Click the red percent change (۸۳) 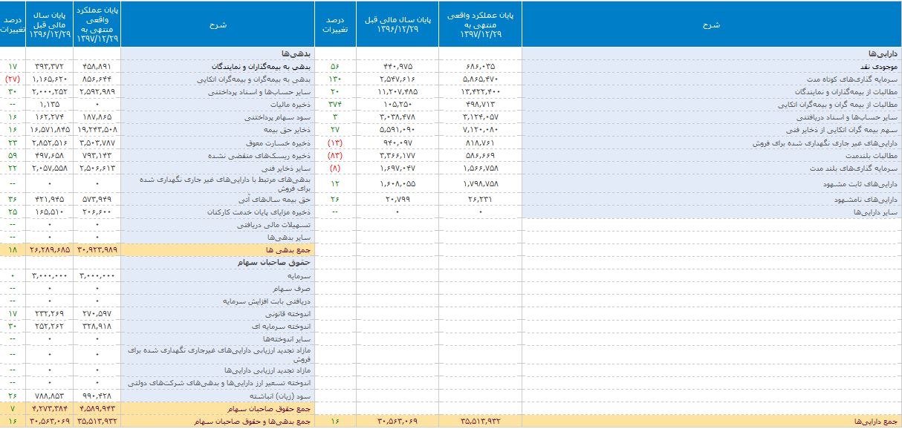coord(335,157)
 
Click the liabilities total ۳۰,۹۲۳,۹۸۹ coord(97,249)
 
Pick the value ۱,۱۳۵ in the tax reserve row coord(49,105)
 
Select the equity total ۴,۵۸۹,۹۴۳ coord(97,408)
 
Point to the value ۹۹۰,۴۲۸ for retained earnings coord(97,395)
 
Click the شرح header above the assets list coord(711,24)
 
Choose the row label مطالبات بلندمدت coord(863,157)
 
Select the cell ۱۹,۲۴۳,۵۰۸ coord(97,131)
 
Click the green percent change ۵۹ coord(13,157)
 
